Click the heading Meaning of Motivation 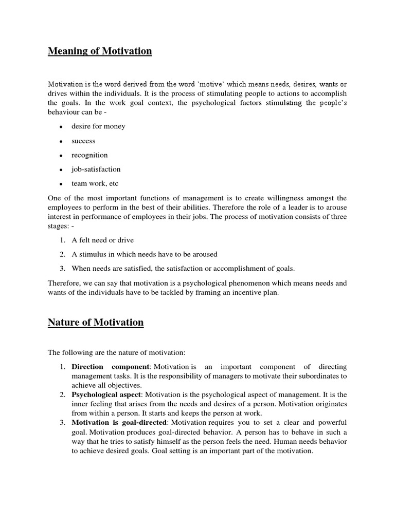click(100, 51)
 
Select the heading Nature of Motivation click(96, 323)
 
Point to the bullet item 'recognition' click(89, 155)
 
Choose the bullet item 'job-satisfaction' click(96, 169)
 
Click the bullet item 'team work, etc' click(95, 183)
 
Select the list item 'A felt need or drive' click(102, 240)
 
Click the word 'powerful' click(332, 422)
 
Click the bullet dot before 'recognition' click(61, 156)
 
